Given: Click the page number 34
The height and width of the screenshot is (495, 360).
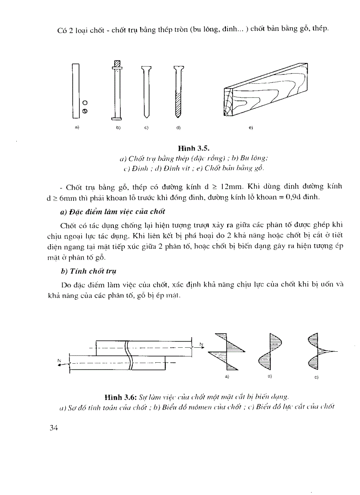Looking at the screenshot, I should (x=54, y=428).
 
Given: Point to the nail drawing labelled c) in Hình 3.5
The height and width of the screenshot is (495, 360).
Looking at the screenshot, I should (x=146, y=90).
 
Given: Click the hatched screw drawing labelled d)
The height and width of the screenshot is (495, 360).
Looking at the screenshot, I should (x=177, y=90).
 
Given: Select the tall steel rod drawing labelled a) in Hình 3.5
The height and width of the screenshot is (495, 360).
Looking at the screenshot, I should (x=76, y=90).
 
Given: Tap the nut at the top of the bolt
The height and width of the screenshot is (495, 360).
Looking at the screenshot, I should (x=117, y=64).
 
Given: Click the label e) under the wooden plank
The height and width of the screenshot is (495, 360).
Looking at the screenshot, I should (x=251, y=127).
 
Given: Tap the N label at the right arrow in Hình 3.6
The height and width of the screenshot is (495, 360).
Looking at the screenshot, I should (x=201, y=343).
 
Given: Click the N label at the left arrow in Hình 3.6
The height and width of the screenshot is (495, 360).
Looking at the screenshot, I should (x=58, y=360).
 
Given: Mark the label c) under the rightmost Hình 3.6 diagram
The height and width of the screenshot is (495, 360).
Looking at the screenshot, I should (x=316, y=377).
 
